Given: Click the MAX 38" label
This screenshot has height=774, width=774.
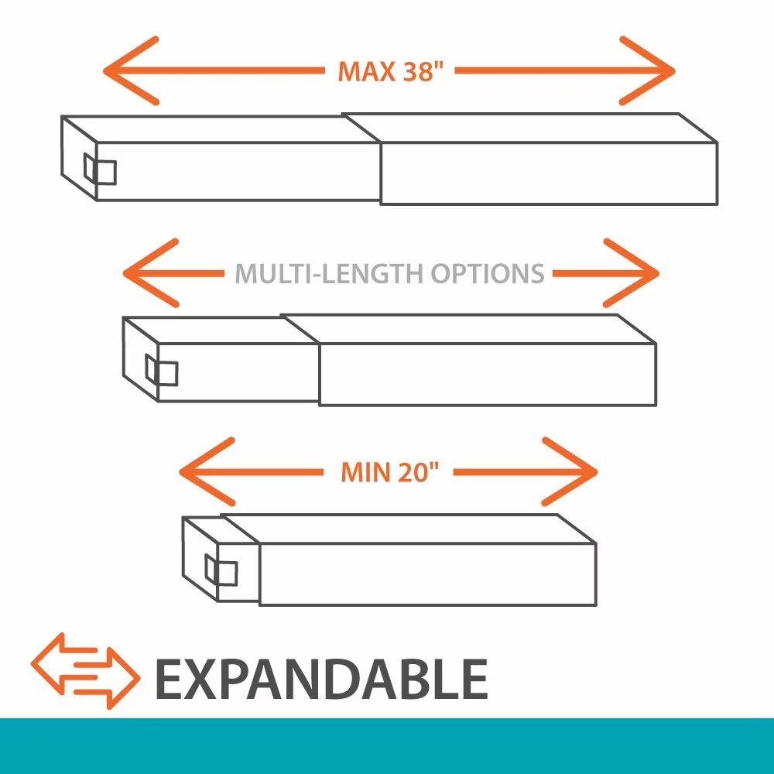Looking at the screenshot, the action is click(390, 71).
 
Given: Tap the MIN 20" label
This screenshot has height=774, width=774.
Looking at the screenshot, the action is click(389, 472).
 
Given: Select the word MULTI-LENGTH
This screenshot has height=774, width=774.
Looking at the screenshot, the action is click(328, 273).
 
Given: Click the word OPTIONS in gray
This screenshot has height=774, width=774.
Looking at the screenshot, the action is click(487, 273).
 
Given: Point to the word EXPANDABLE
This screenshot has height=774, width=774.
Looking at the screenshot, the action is click(322, 679).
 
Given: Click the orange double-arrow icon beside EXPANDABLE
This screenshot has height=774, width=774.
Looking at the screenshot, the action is click(85, 671).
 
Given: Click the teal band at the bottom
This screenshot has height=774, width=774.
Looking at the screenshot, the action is click(387, 746).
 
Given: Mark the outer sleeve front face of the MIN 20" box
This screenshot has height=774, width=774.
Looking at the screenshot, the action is click(428, 574).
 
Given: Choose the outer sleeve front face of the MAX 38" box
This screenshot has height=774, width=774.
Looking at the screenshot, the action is click(549, 173).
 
